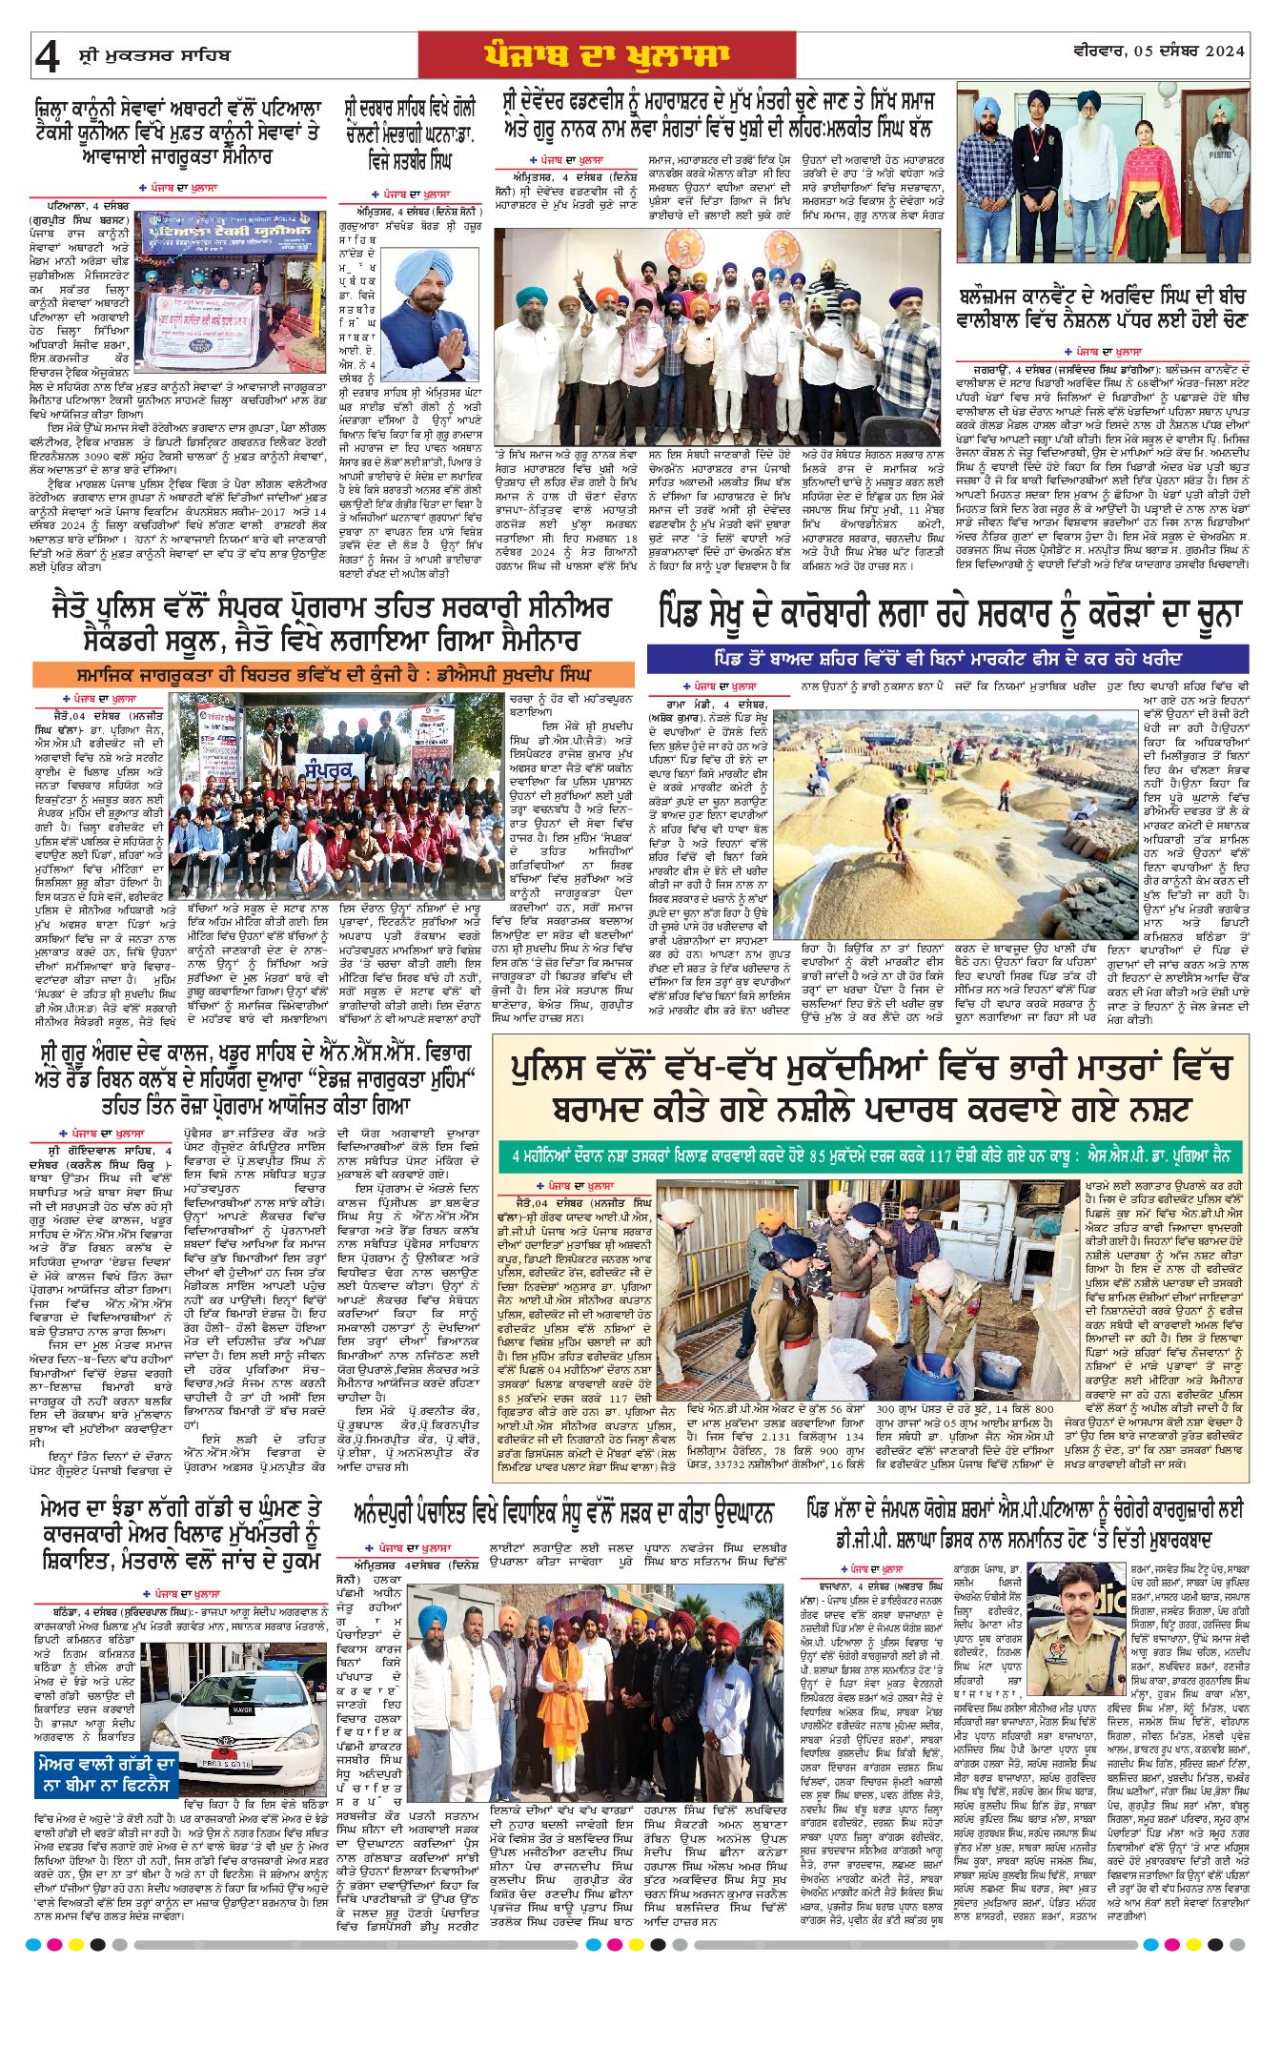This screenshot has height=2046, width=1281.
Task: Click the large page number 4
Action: click(x=47, y=57)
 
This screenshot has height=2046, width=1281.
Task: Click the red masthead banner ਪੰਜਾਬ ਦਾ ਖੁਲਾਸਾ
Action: click(x=606, y=55)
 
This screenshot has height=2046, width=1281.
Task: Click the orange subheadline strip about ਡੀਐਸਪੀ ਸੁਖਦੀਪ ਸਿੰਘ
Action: click(x=334, y=674)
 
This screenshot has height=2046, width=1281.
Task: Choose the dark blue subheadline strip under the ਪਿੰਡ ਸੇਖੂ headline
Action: click(x=947, y=659)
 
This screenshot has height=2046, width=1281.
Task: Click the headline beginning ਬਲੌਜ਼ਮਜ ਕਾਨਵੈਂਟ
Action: click(x=1103, y=308)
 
